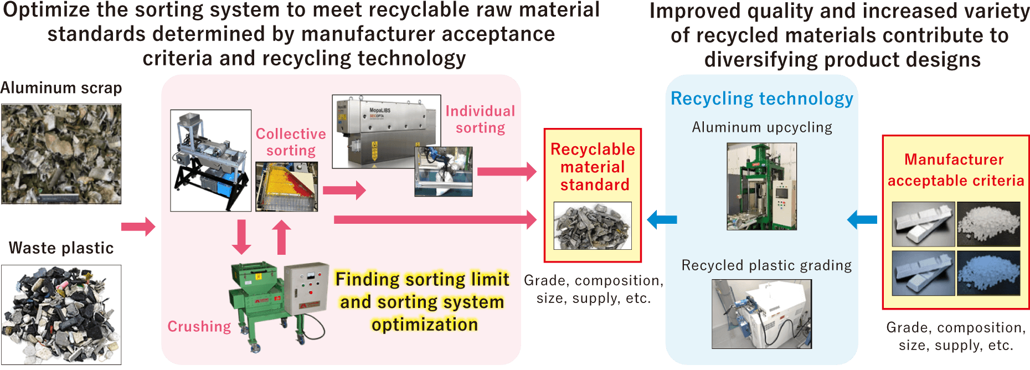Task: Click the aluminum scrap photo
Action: [x=61, y=154]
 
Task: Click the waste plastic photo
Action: [x=61, y=314]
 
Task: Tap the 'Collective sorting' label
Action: [x=291, y=142]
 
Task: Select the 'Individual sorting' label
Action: [x=480, y=120]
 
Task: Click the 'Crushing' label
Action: [x=199, y=327]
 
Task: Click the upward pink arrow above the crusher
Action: [x=281, y=237]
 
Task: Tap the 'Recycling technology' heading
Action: [x=761, y=99]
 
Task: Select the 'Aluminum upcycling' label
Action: [x=762, y=127]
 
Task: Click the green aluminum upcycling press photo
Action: [x=761, y=186]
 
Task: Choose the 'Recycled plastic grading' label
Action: [x=766, y=265]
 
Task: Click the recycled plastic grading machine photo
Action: [x=761, y=314]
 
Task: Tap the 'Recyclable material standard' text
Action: [x=593, y=167]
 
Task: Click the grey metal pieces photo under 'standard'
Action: [x=593, y=225]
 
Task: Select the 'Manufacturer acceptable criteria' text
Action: [x=955, y=170]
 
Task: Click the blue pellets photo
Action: [x=988, y=273]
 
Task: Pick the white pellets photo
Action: [x=988, y=224]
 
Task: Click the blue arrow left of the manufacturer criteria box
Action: [x=862, y=220]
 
